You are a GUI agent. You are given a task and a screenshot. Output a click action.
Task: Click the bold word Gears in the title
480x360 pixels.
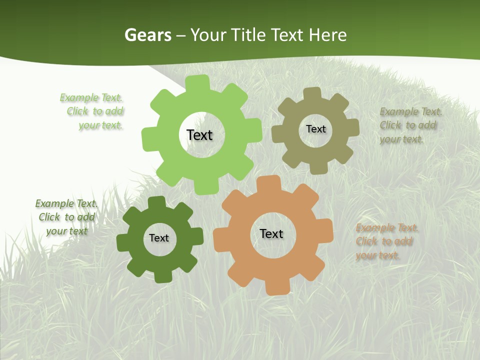pos(147,35)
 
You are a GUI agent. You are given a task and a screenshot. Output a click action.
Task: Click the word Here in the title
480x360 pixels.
pos(327,35)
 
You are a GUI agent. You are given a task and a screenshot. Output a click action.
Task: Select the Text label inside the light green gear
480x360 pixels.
pos(199,135)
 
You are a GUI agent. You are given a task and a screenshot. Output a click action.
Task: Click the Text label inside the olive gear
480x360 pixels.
pos(315,129)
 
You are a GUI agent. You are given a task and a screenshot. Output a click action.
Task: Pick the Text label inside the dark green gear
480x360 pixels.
pos(159,238)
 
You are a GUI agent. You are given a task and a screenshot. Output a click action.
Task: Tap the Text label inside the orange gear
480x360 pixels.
pos(271,233)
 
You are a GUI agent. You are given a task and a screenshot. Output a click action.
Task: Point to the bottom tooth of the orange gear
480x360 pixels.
pos(276,287)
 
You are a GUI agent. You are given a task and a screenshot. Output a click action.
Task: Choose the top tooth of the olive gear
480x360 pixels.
pos(312,94)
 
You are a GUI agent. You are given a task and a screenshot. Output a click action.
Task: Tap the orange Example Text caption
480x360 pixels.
pos(386,241)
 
